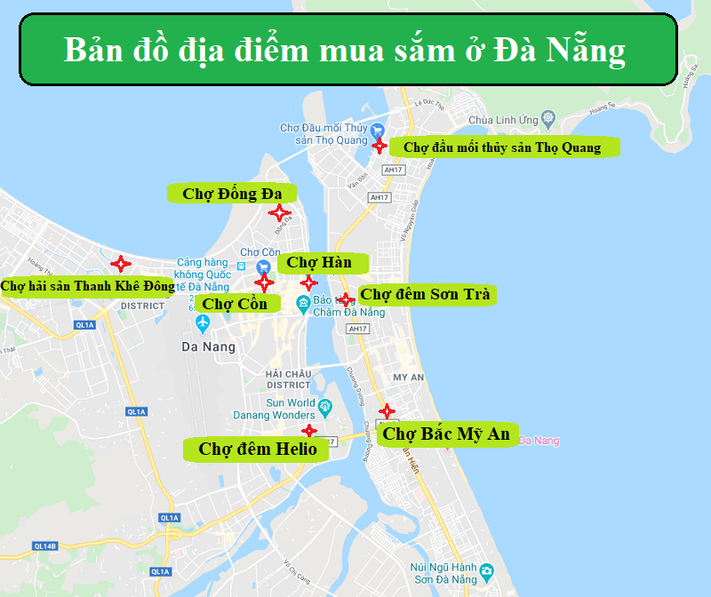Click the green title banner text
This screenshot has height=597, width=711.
[345, 50]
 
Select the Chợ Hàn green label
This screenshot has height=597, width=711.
[319, 262]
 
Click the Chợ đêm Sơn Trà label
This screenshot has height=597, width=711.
[425, 294]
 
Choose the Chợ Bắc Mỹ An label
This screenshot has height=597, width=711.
[446, 434]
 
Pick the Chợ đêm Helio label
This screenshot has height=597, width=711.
[258, 450]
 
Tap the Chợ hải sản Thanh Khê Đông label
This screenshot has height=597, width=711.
[88, 286]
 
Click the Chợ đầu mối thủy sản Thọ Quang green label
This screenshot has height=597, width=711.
[502, 147]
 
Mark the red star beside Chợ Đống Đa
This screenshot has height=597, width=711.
[279, 212]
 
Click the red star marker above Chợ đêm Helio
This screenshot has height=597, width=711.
[308, 431]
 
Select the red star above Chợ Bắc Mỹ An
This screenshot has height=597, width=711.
[387, 411]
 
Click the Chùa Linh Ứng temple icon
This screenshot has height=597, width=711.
[549, 119]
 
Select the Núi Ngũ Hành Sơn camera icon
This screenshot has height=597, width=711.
[485, 571]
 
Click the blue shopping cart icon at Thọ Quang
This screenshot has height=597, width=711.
[377, 130]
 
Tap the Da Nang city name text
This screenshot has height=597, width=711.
[208, 347]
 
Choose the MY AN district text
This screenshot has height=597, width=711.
[409, 378]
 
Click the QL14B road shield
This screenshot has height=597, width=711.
[44, 545]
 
